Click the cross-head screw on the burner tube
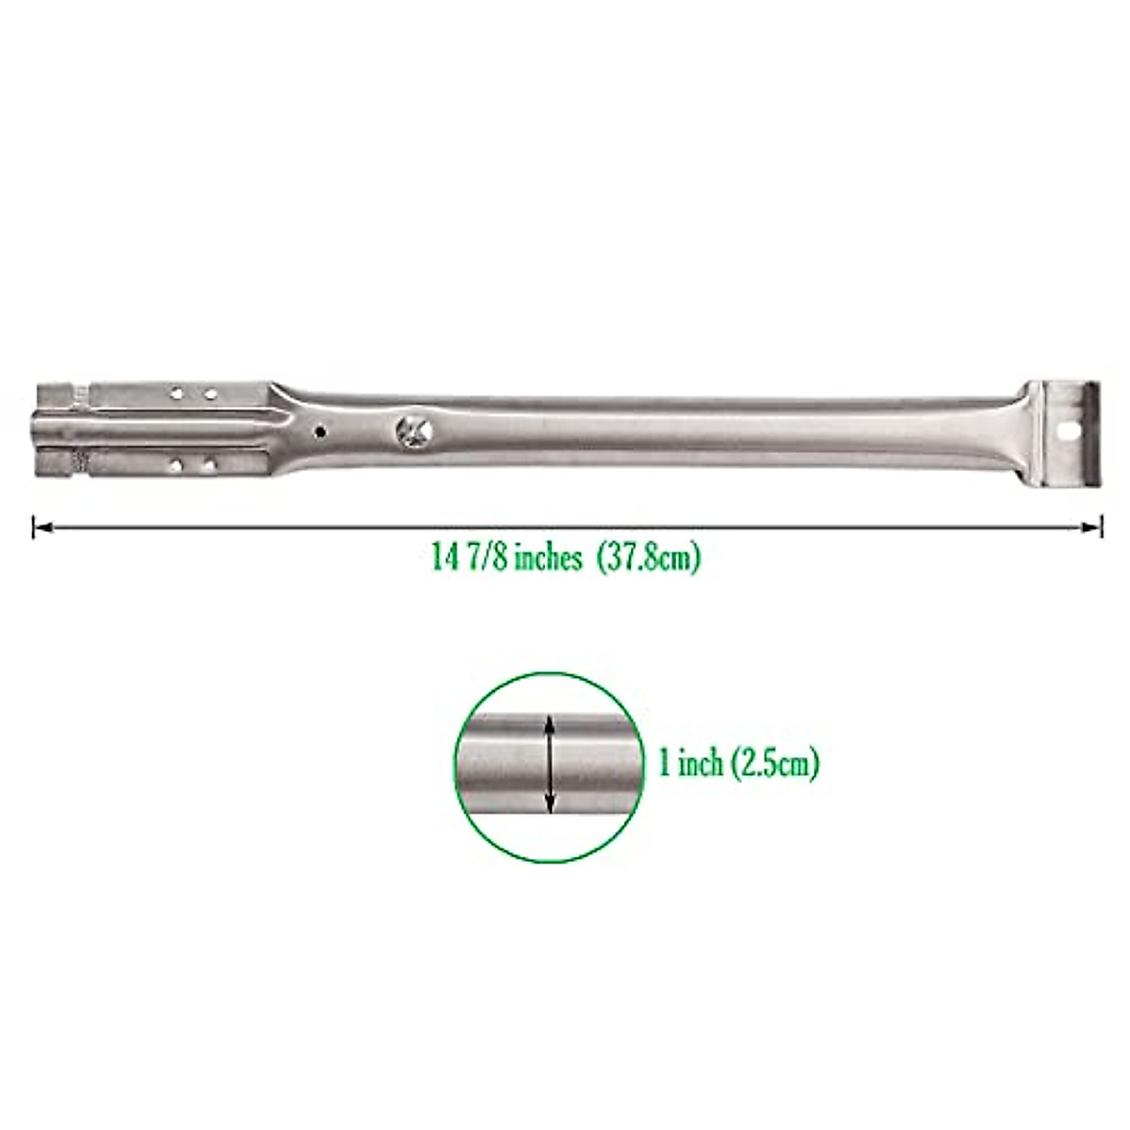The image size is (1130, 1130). click(414, 430)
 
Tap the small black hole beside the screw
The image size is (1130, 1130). click(320, 432)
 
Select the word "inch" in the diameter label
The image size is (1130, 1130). click(701, 763)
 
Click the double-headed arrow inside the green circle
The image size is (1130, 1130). click(551, 763)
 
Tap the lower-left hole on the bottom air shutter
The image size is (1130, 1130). click(176, 464)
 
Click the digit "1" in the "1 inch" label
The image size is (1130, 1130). click(664, 763)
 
